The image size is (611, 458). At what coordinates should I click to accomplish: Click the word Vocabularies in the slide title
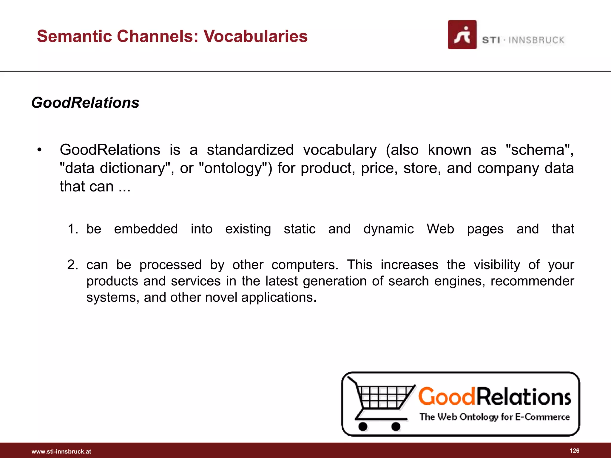pos(255,36)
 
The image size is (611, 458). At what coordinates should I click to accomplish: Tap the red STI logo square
pos(462,35)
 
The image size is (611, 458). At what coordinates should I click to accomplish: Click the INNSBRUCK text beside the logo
pos(536,40)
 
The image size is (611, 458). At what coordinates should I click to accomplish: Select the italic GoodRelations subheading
pos(85,103)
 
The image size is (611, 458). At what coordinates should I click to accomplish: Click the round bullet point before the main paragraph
pos(39,150)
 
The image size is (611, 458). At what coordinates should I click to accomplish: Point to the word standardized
pos(250,150)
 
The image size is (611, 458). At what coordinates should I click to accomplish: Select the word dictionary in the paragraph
pos(132,168)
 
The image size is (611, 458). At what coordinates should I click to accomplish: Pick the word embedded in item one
pos(146,229)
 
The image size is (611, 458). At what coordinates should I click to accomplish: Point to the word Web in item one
pos(440,229)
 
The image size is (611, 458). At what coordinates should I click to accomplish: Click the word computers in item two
pos(305,265)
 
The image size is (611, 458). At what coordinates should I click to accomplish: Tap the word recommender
pos(532,281)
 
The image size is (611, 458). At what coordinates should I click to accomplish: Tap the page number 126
pos(574,451)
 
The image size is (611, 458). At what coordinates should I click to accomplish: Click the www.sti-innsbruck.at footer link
pos(61,451)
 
